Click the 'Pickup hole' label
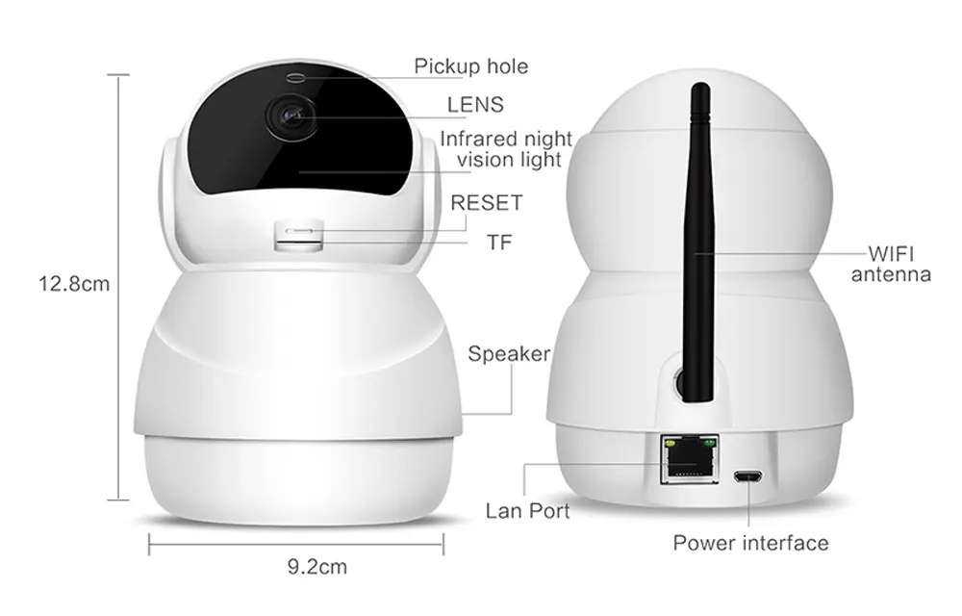[470, 66]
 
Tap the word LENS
[475, 105]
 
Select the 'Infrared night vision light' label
[507, 149]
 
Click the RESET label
[487, 202]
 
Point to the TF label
[499, 243]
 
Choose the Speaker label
[509, 354]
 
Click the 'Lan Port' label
[527, 511]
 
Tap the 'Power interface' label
[750, 543]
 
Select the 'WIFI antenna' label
[891, 264]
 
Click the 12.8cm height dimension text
[74, 284]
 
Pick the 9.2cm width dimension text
[317, 567]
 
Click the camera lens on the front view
[291, 115]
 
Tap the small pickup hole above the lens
[295, 77]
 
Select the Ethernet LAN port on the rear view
[690, 459]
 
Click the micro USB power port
[747, 476]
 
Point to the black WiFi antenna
[698, 244]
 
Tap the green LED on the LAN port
[710, 441]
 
